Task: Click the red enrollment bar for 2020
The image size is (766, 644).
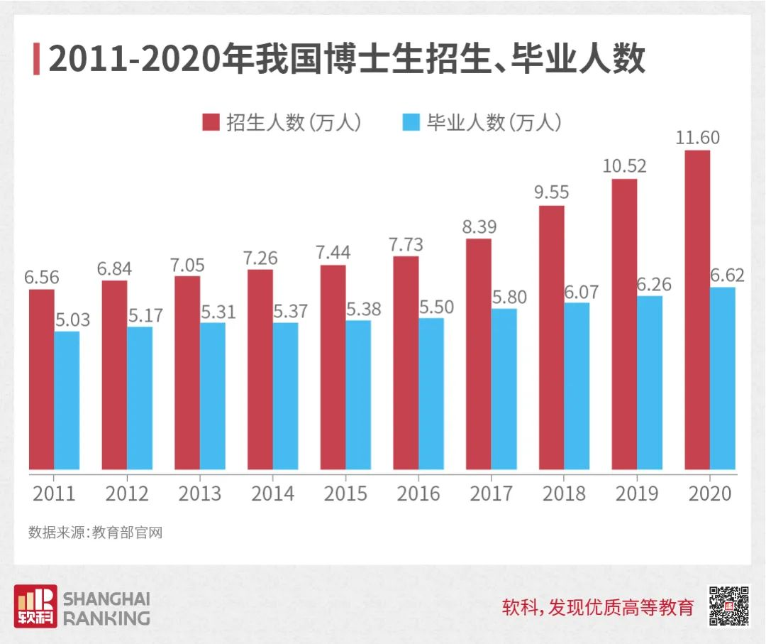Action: [x=697, y=310]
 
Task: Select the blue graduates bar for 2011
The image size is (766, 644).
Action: [x=67, y=400]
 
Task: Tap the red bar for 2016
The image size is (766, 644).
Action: [x=406, y=363]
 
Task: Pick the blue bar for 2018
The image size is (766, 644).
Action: [x=577, y=386]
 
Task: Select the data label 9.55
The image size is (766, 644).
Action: [x=550, y=192]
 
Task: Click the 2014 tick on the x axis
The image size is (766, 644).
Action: [x=272, y=493]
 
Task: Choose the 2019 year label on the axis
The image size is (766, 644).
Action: [x=636, y=493]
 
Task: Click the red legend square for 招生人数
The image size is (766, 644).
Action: [x=211, y=122]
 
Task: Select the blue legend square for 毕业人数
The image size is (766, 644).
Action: [x=411, y=122]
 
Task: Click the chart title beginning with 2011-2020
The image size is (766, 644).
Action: [x=347, y=60]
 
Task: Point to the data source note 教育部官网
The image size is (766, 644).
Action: [x=96, y=533]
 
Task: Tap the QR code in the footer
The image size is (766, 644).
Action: [x=728, y=606]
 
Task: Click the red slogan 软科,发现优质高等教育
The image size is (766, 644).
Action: [x=597, y=608]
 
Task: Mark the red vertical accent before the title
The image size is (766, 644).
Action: [x=36, y=59]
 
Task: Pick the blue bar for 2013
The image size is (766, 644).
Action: [x=212, y=396]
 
